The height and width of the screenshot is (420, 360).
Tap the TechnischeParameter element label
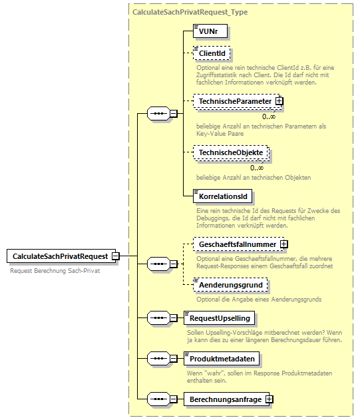235,101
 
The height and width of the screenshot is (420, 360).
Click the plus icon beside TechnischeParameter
279,101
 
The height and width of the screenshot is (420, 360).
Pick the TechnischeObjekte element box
230,152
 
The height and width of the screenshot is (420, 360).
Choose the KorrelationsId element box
222,196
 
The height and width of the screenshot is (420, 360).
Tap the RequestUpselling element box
220,318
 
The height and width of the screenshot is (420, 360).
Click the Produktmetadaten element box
221,359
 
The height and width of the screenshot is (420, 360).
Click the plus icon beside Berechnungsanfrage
270,399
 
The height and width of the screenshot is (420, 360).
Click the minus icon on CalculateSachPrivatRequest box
115,256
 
